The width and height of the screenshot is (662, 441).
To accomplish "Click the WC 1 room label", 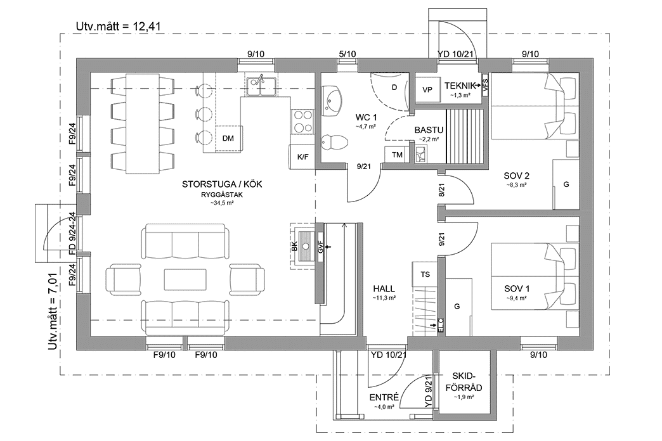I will point(366,117).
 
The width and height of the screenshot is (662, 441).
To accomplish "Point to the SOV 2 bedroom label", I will point(517,176).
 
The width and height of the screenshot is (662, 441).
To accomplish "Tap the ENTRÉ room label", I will point(384,397).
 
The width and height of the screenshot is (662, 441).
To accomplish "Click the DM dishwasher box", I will point(228,137).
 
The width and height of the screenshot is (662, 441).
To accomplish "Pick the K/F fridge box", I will point(302,157).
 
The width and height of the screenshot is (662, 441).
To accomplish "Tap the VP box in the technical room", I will point(427,90).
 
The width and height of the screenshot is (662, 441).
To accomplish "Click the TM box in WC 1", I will point(397,155).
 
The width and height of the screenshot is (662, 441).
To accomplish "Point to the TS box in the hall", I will point(424,274).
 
